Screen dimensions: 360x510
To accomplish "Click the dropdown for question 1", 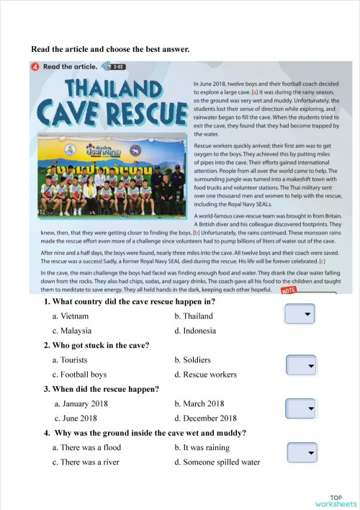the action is tap(300, 315).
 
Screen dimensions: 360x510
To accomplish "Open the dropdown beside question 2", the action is tap(301, 366).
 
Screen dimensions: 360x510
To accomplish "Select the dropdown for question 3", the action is tap(301, 408).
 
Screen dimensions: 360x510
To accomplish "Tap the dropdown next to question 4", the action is tap(302, 453).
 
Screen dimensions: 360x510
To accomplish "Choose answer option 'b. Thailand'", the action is tap(194, 316).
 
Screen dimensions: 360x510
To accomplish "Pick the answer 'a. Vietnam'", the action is tap(71, 316).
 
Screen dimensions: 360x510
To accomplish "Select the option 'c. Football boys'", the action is tap(79, 375).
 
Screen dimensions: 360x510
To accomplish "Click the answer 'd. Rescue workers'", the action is tap(205, 375).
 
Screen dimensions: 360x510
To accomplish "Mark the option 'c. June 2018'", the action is tap(76, 419).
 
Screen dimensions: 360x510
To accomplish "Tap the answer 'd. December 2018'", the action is tap(205, 419).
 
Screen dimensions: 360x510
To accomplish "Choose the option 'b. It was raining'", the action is tap(202, 448).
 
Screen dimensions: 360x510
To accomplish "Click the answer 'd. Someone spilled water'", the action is tap(217, 462).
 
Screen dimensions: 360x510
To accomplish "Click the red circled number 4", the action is tap(35, 67).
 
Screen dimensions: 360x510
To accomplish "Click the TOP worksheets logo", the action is tap(335, 501).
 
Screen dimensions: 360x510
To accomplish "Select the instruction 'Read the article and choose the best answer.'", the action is tap(110, 49).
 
